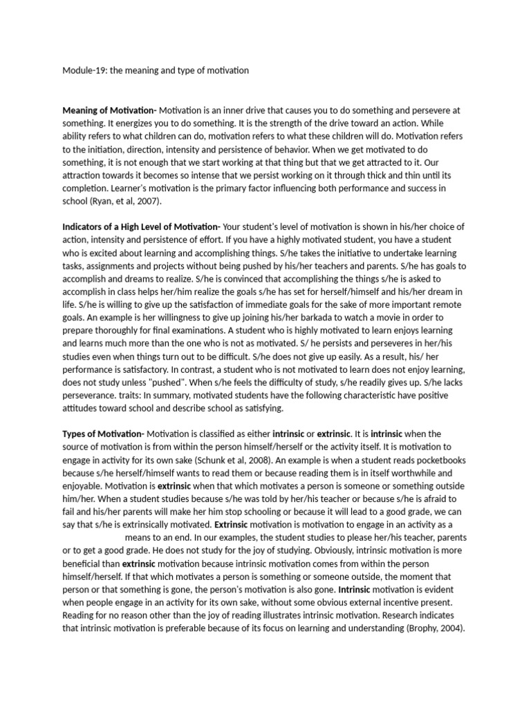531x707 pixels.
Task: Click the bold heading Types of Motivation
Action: pos(103,433)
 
